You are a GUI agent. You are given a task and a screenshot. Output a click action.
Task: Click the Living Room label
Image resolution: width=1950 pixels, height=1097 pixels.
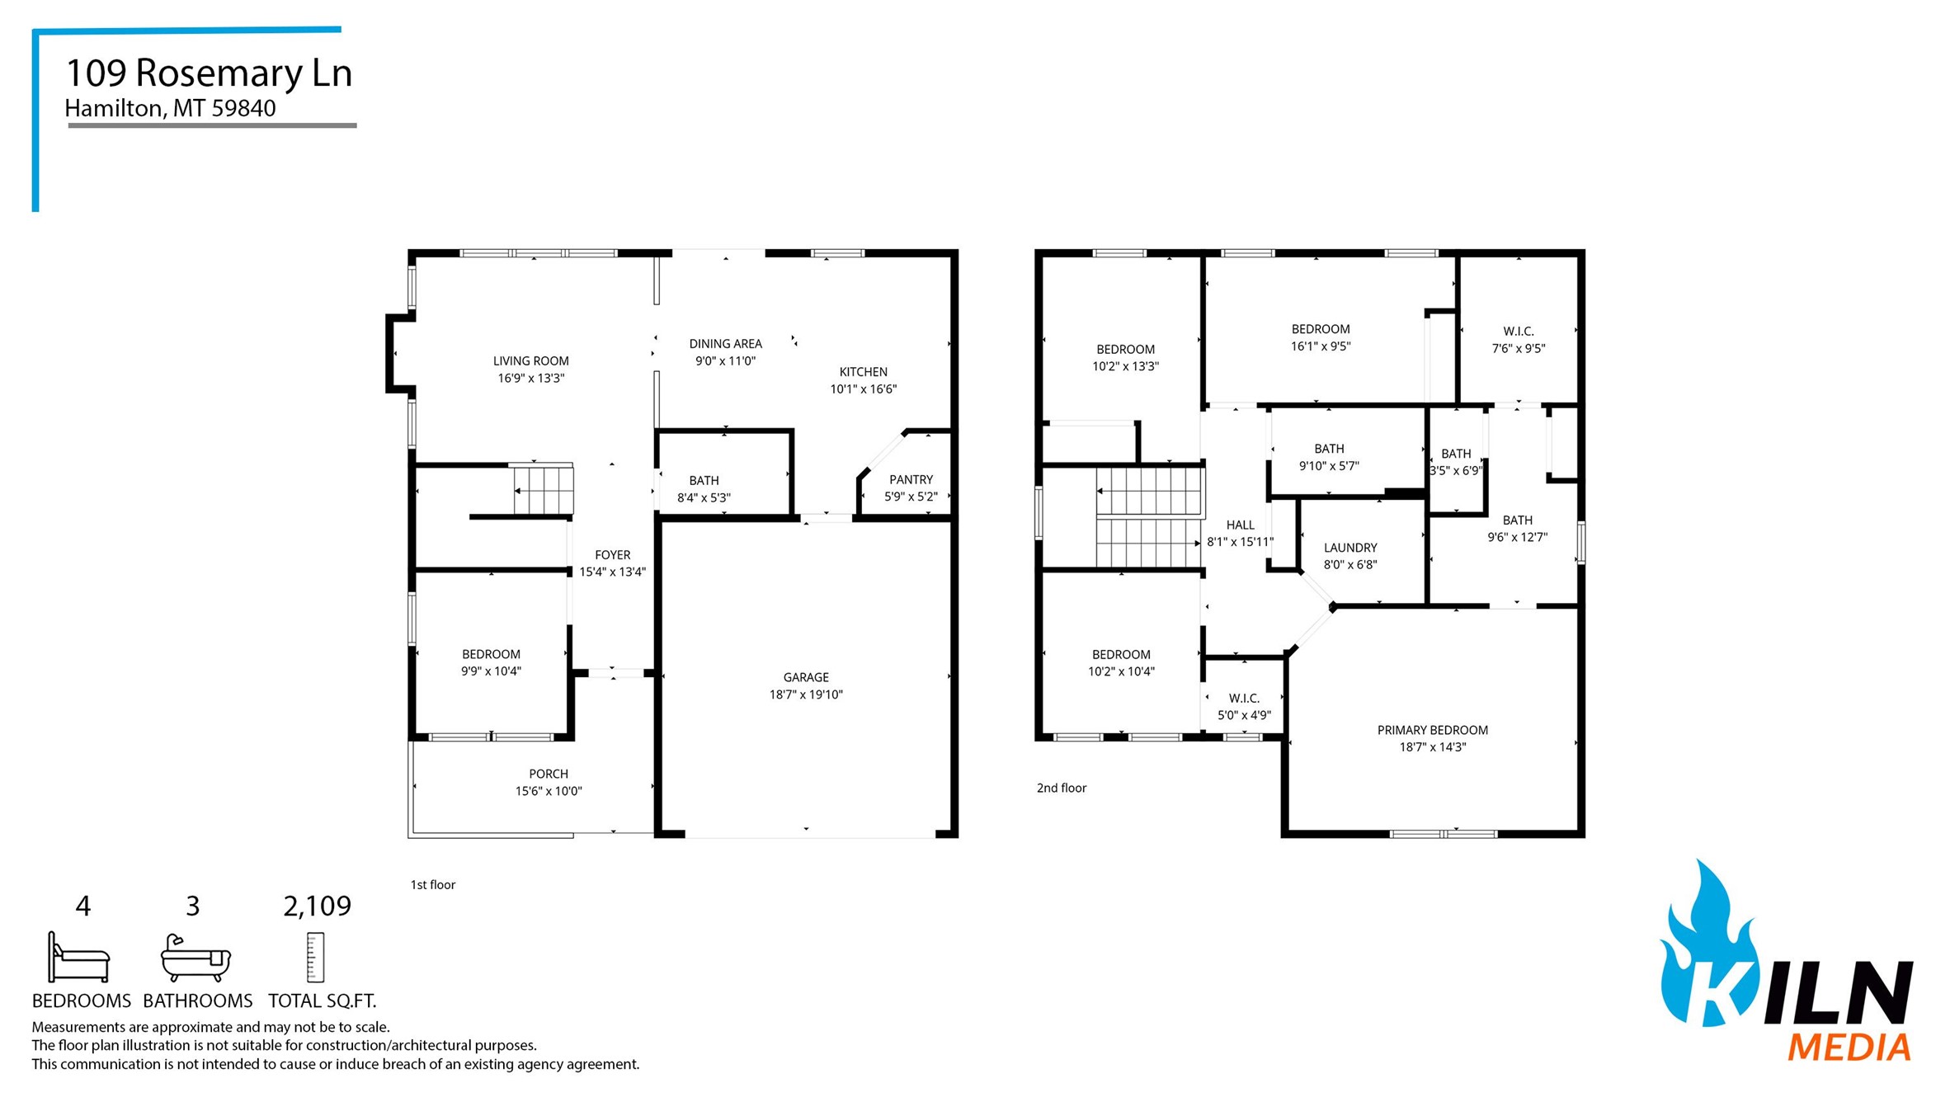pyautogui.click(x=530, y=360)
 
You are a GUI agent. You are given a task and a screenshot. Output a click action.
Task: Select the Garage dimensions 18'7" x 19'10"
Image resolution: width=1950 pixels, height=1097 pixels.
pyautogui.click(x=806, y=694)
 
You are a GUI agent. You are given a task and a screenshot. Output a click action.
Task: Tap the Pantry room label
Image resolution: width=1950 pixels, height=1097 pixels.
pyautogui.click(x=911, y=479)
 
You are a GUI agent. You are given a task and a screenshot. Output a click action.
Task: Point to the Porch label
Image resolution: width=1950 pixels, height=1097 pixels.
pyautogui.click(x=549, y=774)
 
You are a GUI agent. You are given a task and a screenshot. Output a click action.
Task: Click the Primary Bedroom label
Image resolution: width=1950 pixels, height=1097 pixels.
pyautogui.click(x=1432, y=730)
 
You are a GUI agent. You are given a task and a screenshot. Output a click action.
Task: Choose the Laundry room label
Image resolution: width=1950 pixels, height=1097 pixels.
pyautogui.click(x=1350, y=548)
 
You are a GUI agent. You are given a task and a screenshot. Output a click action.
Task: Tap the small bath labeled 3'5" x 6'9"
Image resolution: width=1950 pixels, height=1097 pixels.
pyautogui.click(x=1456, y=462)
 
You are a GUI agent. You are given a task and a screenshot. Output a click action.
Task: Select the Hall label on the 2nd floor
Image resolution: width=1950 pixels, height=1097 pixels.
pyautogui.click(x=1240, y=525)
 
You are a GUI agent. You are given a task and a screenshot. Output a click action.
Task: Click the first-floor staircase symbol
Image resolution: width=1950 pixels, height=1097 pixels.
pyautogui.click(x=543, y=490)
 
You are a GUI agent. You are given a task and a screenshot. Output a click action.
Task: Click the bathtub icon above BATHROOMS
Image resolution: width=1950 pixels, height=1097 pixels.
pyautogui.click(x=195, y=958)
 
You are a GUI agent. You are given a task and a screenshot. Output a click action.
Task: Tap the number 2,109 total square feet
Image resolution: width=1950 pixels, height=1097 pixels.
pyautogui.click(x=317, y=906)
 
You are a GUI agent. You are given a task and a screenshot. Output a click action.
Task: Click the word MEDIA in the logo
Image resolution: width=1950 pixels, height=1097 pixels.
pyautogui.click(x=1849, y=1048)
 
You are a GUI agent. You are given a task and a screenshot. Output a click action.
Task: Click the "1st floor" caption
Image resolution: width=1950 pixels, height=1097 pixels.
pyautogui.click(x=433, y=884)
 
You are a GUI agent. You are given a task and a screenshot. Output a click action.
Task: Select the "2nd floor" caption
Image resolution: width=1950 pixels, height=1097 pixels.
pyautogui.click(x=1061, y=788)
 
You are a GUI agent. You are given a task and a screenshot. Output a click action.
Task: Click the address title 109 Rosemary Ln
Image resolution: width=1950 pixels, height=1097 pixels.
pyautogui.click(x=209, y=73)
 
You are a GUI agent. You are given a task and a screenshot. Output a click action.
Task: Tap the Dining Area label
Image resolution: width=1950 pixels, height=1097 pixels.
pyautogui.click(x=725, y=343)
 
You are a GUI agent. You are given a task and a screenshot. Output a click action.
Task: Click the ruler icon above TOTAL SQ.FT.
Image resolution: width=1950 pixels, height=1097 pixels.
pyautogui.click(x=315, y=958)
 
